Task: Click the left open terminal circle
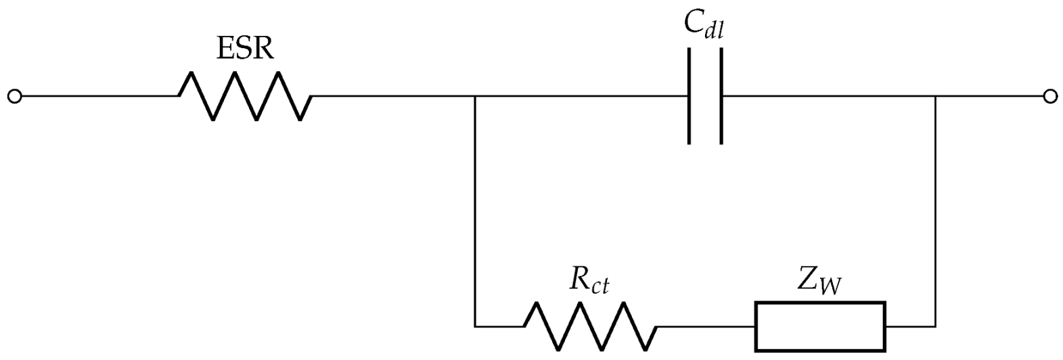click(x=14, y=97)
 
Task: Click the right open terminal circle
click(x=1049, y=97)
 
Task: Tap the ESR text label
click(x=245, y=49)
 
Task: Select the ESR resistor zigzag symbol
click(x=245, y=97)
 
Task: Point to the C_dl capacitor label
click(x=704, y=26)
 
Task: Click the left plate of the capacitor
click(x=689, y=96)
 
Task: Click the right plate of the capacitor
click(x=721, y=96)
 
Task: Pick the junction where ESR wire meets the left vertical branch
click(x=476, y=97)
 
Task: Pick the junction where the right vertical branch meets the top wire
click(x=935, y=97)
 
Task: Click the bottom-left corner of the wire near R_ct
click(x=476, y=327)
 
